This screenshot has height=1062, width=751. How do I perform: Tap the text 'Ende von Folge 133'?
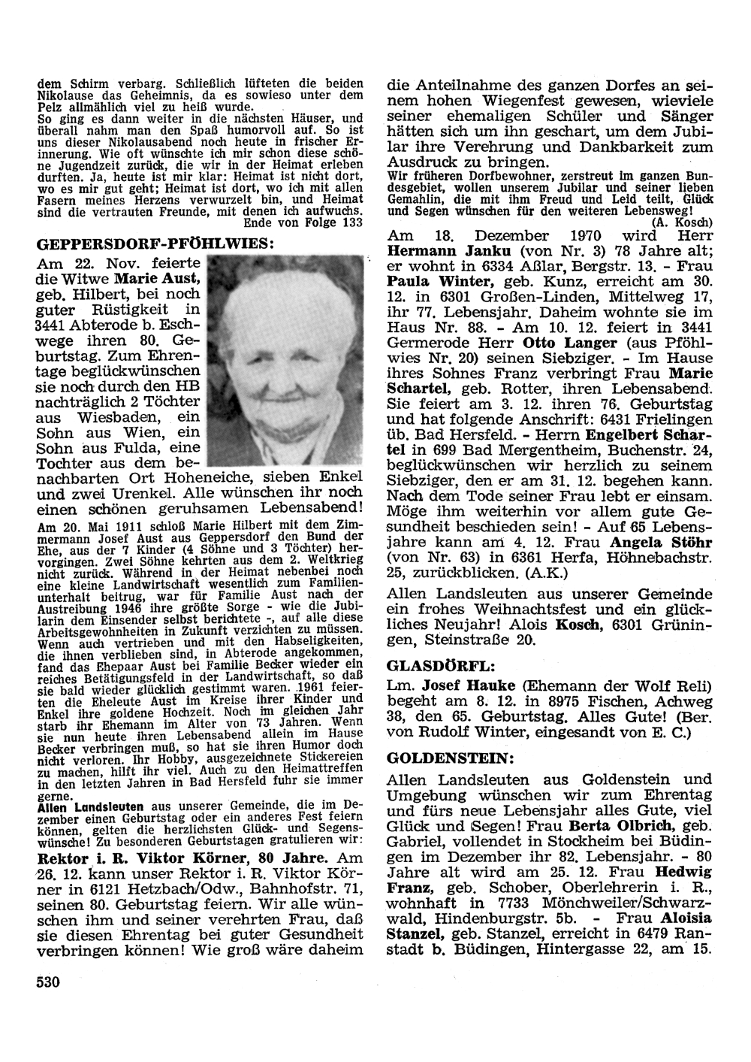(303, 222)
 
